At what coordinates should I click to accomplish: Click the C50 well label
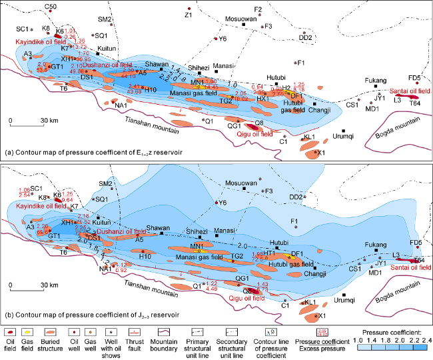click(x=51, y=6)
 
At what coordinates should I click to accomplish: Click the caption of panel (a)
click(x=90, y=153)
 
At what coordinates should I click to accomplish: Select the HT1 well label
click(x=269, y=253)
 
